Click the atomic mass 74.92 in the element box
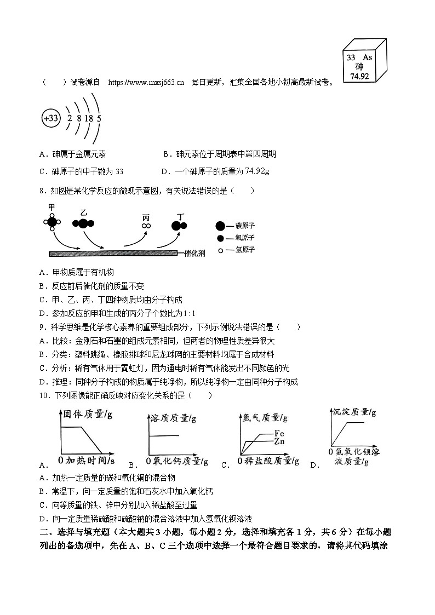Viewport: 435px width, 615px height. (x=359, y=77)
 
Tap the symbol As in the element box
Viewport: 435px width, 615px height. (x=367, y=58)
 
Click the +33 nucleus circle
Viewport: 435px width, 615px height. (x=51, y=118)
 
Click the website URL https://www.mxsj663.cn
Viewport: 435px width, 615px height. (x=146, y=82)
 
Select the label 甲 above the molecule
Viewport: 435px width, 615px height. (x=51, y=207)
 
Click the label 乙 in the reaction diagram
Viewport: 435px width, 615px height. (x=83, y=212)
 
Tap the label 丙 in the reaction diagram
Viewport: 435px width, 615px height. (x=146, y=217)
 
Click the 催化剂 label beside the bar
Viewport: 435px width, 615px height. (x=193, y=254)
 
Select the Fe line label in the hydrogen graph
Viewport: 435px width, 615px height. (x=279, y=434)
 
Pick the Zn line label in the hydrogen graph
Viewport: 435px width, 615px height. (x=279, y=441)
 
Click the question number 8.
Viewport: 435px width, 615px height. (x=42, y=191)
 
